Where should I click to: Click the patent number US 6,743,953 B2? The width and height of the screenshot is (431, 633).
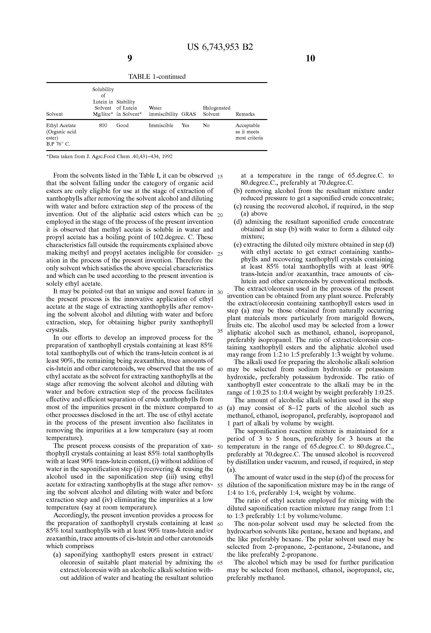click(220, 47)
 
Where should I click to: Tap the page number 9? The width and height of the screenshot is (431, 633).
click(130, 58)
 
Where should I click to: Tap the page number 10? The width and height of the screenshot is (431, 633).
click(310, 58)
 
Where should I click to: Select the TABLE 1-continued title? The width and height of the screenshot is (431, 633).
click(157, 77)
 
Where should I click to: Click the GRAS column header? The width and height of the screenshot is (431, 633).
click(189, 114)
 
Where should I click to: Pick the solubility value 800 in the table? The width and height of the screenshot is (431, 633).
click(103, 126)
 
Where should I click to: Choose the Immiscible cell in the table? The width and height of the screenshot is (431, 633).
click(161, 126)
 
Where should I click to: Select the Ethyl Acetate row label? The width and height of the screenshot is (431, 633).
click(61, 126)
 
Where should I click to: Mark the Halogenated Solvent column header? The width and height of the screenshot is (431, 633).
click(217, 111)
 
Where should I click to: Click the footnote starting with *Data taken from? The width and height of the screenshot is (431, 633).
click(110, 157)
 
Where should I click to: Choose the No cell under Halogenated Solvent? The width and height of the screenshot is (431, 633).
click(206, 126)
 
